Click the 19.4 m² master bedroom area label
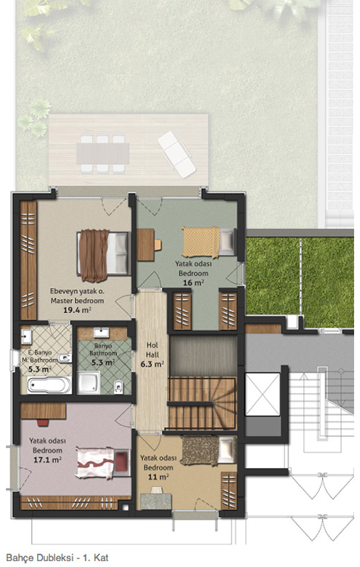coord(76,310)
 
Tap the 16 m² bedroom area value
coord(193,283)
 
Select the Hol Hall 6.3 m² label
coord(152,355)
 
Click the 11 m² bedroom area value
coord(158,477)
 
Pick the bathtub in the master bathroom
coord(49,385)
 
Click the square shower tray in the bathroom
coord(88,383)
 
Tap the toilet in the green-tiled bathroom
coord(118,387)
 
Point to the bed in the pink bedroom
coord(103,463)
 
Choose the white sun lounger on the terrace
coord(177,154)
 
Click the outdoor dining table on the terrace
coord(102,153)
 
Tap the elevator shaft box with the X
coord(262,394)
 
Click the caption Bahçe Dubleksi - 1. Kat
coord(57,557)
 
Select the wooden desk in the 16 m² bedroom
coord(146,245)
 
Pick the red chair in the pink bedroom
coord(43,423)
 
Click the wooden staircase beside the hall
coord(202,403)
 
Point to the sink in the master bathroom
coord(26,336)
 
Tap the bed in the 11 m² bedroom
coord(209,451)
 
